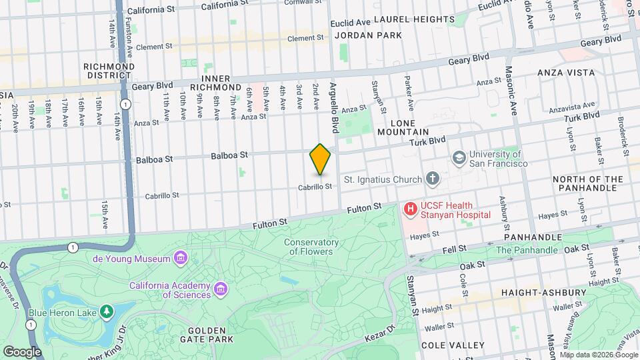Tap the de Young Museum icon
tap(180, 258)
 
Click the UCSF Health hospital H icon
tap(411, 209)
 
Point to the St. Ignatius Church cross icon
tap(433, 178)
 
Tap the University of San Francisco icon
tap(459, 158)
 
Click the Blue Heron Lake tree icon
tap(106, 312)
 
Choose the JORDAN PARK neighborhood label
tap(368, 35)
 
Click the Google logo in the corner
tap(22, 351)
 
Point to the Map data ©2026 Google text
tap(599, 355)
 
